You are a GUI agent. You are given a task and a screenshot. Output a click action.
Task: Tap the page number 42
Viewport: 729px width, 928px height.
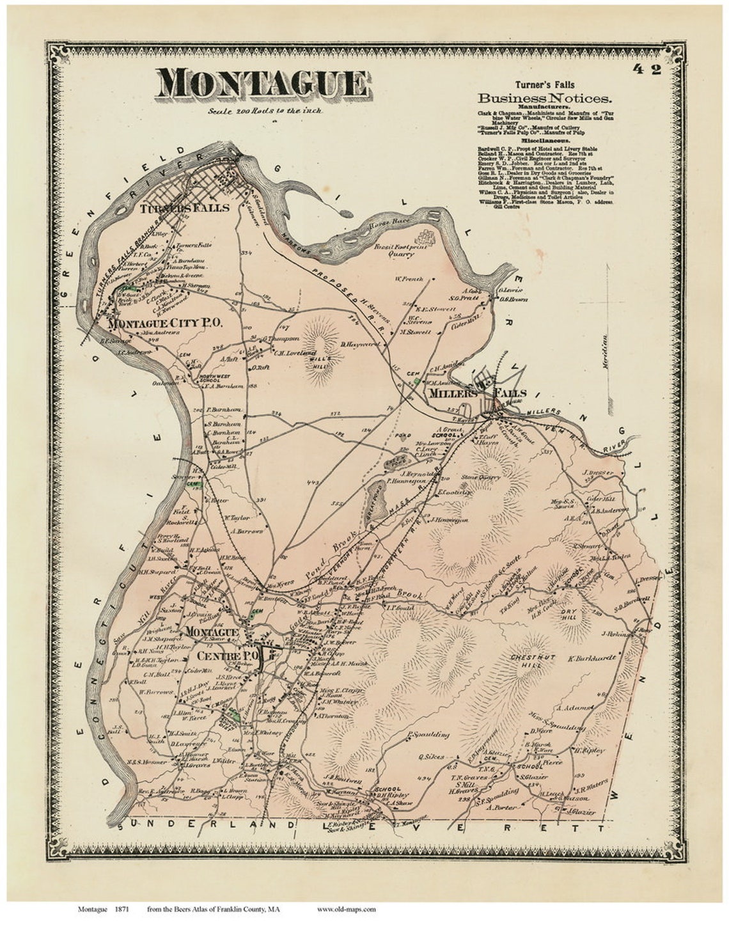[x=648, y=69]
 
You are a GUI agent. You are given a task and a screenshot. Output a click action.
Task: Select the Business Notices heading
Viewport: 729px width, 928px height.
[x=545, y=98]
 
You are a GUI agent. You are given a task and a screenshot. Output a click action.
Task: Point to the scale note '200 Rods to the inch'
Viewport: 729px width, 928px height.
[x=265, y=110]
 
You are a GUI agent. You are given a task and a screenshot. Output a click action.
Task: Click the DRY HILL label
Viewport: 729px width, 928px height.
[x=569, y=615]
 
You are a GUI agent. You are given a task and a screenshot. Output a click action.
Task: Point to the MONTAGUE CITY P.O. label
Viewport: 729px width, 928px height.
[x=164, y=324]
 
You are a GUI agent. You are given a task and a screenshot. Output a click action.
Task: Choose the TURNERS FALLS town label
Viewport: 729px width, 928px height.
[x=184, y=208]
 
